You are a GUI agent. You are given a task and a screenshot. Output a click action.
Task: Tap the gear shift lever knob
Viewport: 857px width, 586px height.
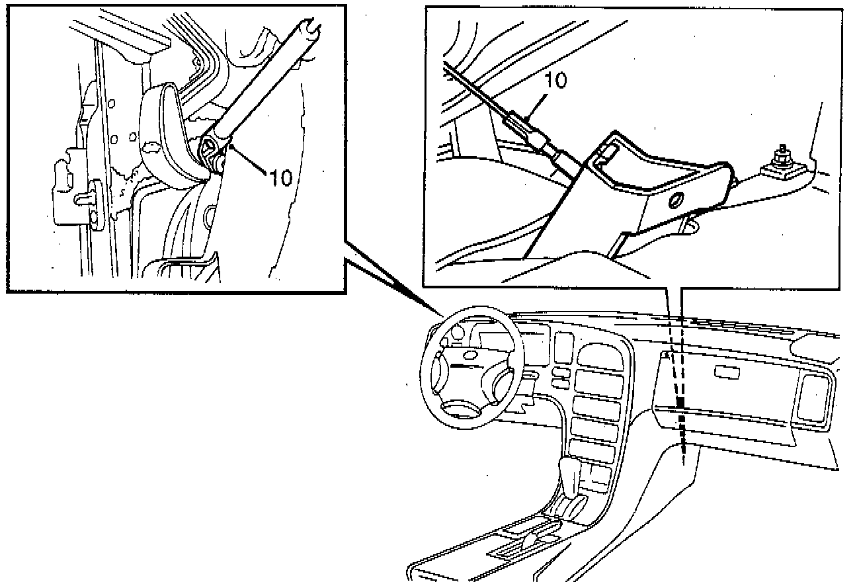pyautogui.click(x=568, y=471)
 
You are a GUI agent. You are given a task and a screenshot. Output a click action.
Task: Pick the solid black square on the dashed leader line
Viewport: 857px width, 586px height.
pyautogui.click(x=680, y=402)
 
